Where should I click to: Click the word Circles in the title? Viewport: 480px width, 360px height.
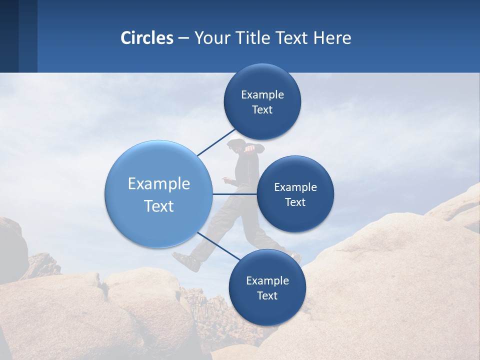point(147,38)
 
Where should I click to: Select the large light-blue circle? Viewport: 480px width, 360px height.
point(158,194)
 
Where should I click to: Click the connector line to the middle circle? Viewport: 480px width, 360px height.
point(234,194)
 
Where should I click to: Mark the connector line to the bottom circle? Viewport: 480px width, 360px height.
point(215,245)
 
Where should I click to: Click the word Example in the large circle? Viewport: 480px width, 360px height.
point(159,184)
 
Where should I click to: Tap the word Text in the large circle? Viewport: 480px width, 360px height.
point(159,206)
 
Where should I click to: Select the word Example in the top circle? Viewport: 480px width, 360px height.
point(262,95)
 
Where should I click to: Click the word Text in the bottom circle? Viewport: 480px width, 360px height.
point(267,295)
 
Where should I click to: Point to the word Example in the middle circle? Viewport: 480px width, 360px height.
point(295,187)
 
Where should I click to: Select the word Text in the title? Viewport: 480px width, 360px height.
point(292,38)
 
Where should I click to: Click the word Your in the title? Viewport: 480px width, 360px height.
point(210,38)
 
